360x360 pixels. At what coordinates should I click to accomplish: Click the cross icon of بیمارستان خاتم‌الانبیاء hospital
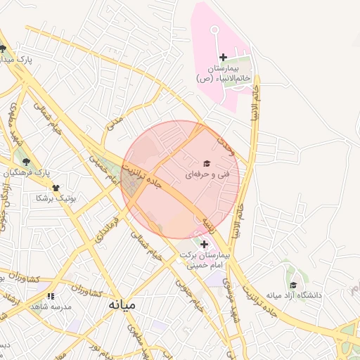[x=224, y=57]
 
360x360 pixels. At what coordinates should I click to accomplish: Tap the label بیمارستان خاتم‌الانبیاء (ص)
[x=224, y=73]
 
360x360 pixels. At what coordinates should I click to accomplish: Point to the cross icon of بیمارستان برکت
[x=205, y=244]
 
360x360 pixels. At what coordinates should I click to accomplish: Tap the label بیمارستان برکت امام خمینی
[x=205, y=261]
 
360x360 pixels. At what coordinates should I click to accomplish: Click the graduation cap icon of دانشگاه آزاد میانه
[x=293, y=285]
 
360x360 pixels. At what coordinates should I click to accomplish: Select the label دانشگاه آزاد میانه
[x=294, y=295]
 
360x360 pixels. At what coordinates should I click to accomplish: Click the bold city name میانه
[x=122, y=306]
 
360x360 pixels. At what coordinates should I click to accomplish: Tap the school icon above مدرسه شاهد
[x=50, y=297]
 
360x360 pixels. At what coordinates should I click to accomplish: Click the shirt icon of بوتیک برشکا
[x=56, y=188]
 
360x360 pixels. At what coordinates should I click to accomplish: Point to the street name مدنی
[x=113, y=124]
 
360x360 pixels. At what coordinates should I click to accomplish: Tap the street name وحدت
[x=225, y=146]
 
